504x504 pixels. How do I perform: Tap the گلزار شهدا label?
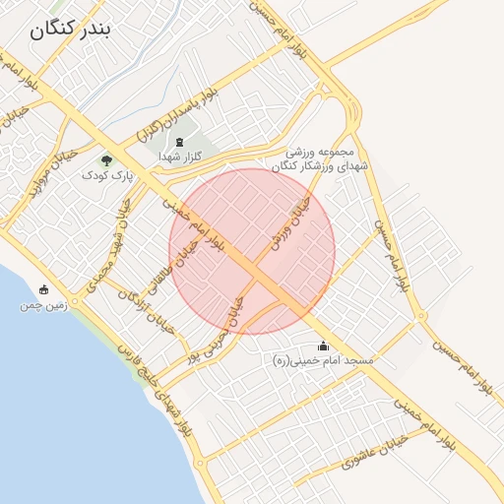click(180, 157)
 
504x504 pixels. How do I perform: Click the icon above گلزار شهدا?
click(180, 142)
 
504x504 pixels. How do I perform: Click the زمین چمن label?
click(43, 305)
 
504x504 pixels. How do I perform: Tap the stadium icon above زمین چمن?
click(43, 289)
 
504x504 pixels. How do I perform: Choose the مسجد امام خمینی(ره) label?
click(324, 361)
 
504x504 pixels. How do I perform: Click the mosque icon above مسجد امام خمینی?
click(324, 346)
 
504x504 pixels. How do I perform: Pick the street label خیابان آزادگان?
click(147, 312)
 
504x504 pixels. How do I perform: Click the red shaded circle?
click(252, 251)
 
